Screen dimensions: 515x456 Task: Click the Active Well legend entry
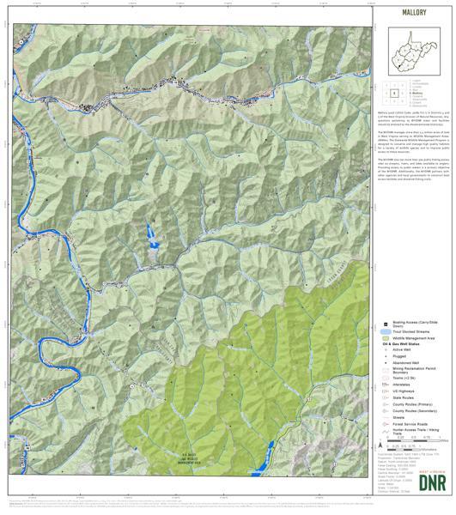(x=401, y=352)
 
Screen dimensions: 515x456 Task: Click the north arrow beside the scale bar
(x=380, y=446)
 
